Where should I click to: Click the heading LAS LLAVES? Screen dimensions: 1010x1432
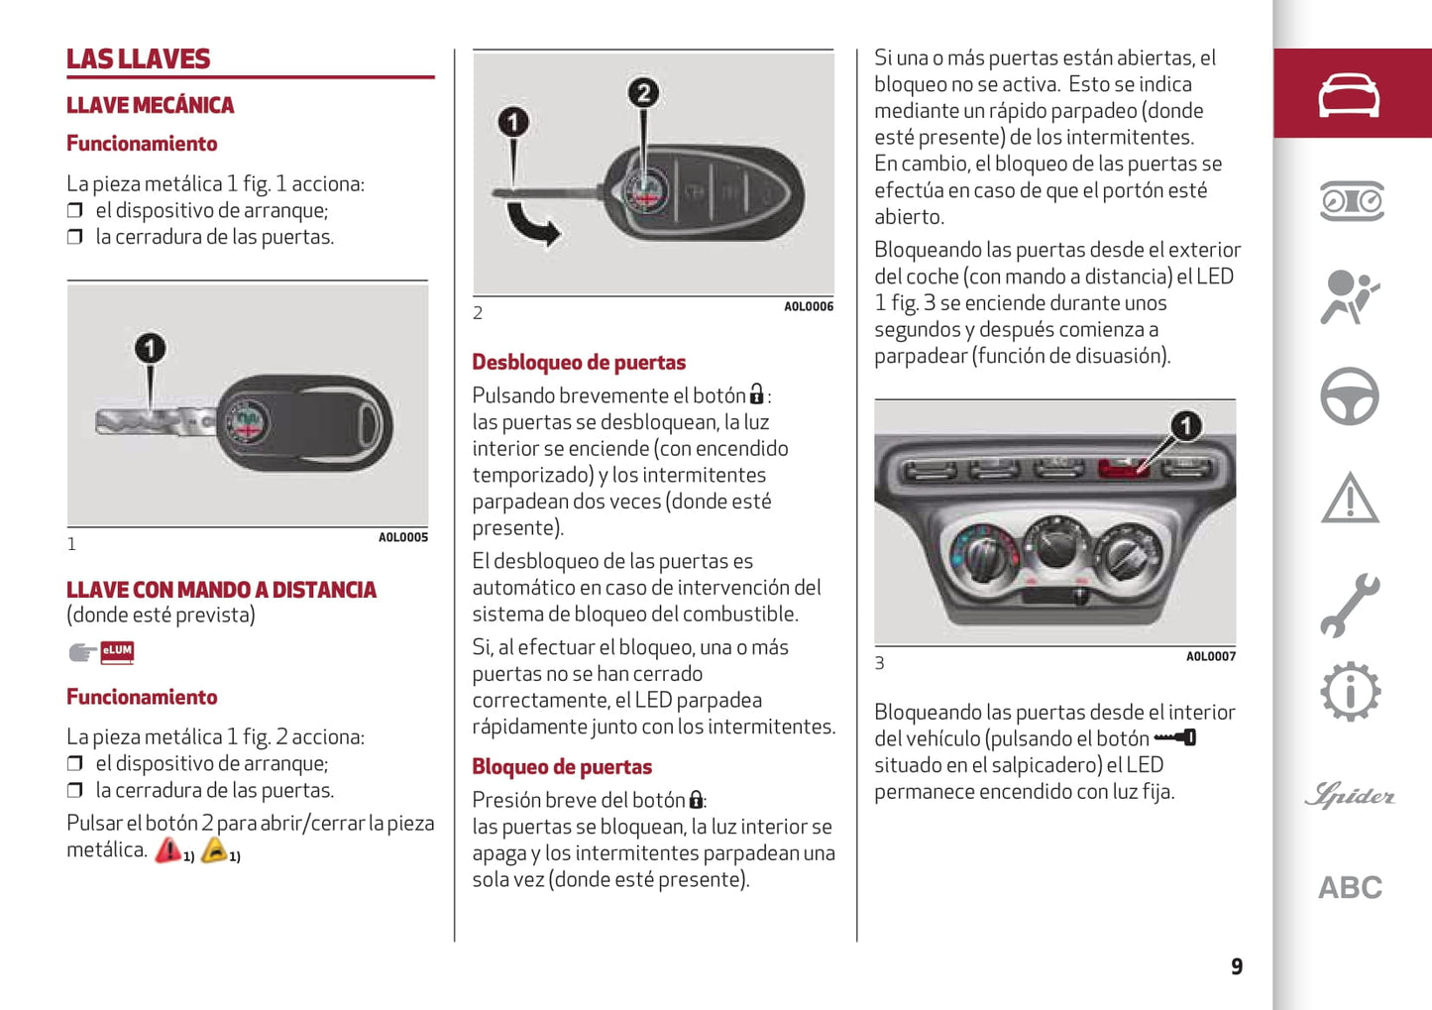(139, 59)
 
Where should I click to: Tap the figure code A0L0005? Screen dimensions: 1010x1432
(403, 538)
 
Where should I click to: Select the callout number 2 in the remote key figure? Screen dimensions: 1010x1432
(643, 93)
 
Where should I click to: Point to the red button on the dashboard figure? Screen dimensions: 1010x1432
(1124, 467)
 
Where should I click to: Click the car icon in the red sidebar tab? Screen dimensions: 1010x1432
(1349, 95)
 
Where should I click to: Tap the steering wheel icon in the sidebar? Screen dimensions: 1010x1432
(1349, 396)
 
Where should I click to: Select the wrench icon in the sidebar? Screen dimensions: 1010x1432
(1349, 604)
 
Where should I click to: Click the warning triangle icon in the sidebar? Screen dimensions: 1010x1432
(1349, 498)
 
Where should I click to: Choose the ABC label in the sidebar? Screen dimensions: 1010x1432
(1350, 888)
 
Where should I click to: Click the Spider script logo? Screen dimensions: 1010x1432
(1350, 795)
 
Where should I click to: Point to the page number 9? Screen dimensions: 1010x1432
(1237, 966)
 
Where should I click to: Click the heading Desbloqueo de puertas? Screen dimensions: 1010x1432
(579, 363)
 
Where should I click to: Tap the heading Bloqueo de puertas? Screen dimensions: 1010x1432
(562, 767)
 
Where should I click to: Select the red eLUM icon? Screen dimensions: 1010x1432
(117, 651)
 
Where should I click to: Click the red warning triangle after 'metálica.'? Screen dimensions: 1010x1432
(167, 850)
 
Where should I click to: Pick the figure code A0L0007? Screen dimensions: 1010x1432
(1211, 657)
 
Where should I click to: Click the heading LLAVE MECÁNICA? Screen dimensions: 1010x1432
(151, 105)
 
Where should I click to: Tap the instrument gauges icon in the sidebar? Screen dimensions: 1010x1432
(1351, 201)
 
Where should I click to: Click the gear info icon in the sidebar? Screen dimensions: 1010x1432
(1350, 691)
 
